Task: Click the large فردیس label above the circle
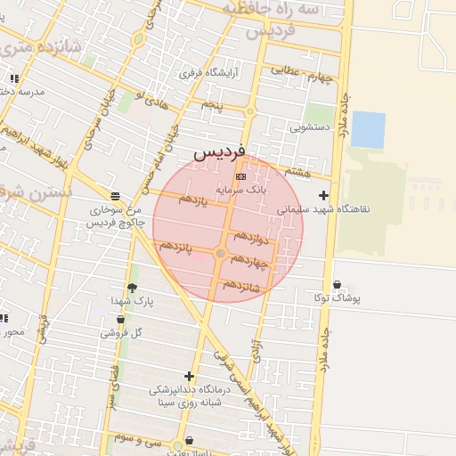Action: [218, 152]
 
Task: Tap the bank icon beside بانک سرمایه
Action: [240, 178]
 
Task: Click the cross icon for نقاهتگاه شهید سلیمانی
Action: [323, 195]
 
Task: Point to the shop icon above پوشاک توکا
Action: [337, 285]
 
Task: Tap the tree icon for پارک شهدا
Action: [133, 288]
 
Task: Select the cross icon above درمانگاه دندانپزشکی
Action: [189, 376]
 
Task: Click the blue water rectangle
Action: [368, 129]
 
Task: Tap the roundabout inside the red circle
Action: [221, 255]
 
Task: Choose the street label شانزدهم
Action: [241, 285]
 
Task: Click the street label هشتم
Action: [296, 169]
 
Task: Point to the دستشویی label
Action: [310, 127]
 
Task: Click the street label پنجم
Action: [211, 105]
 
